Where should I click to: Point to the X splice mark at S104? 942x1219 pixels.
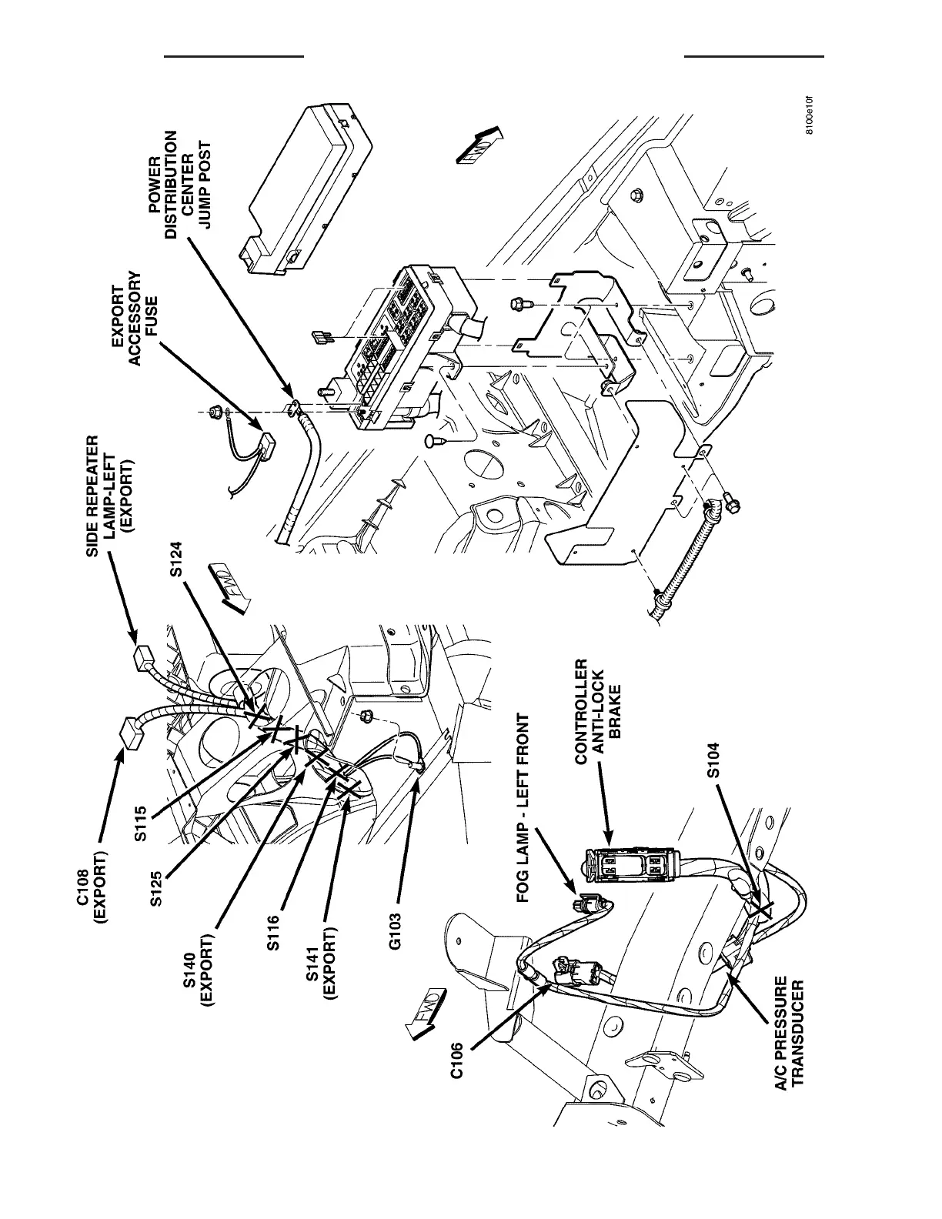(x=761, y=910)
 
